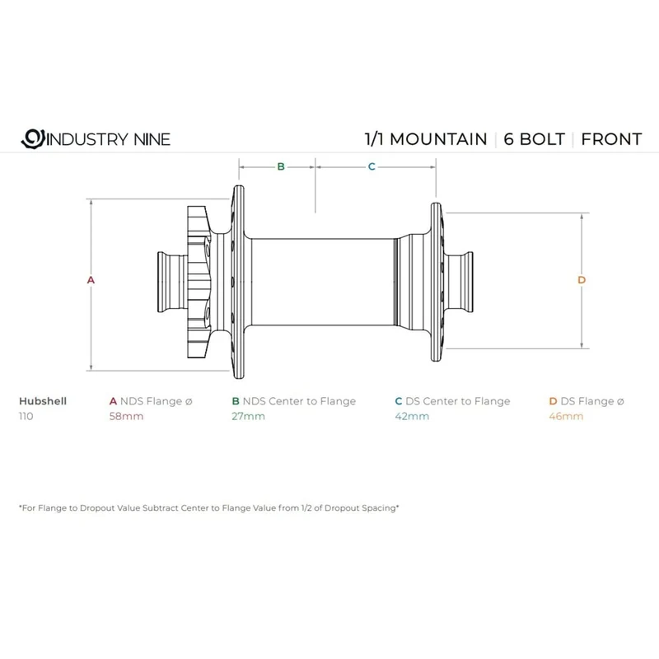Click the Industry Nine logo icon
tap(33, 138)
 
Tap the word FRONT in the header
tap(611, 139)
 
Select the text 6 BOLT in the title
tap(534, 139)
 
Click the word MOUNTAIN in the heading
tap(438, 139)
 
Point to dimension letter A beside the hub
tap(91, 280)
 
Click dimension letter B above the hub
tap(281, 167)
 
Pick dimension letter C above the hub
tap(372, 167)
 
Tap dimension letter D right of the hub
tap(582, 280)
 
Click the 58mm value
tap(126, 417)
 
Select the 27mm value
tap(249, 417)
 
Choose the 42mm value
tap(412, 417)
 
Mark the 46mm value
tap(566, 417)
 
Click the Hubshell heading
tap(43, 401)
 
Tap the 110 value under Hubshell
tap(26, 417)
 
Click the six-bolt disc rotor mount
tap(199, 282)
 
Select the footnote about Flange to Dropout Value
tap(209, 507)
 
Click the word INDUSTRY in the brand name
tap(87, 139)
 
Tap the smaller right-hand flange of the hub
tap(437, 282)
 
